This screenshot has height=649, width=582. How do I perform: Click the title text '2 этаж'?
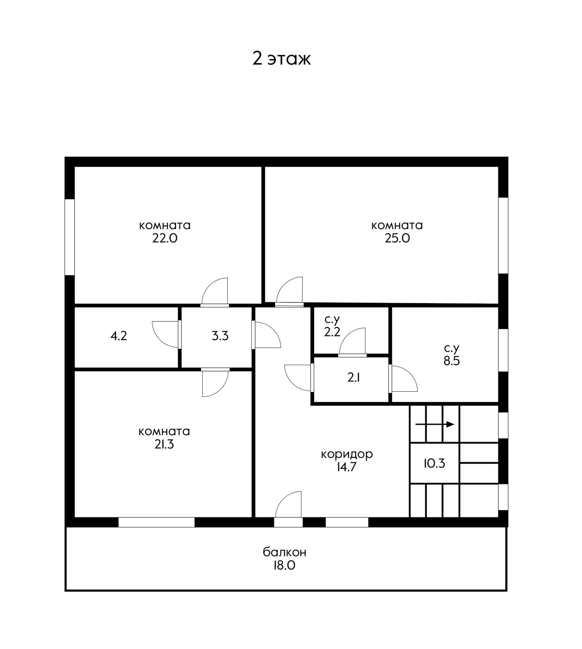(281, 59)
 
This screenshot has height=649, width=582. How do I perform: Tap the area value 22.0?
(165, 239)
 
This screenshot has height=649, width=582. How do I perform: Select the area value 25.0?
(397, 239)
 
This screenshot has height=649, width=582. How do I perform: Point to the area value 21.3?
(164, 444)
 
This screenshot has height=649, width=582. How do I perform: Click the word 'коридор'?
(346, 454)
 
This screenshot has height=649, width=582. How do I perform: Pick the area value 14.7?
(346, 467)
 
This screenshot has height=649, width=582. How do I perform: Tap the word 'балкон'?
(285, 552)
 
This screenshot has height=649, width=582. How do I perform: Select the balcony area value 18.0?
(285, 566)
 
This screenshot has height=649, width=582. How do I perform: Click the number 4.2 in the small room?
(119, 336)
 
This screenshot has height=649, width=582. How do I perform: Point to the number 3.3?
(220, 336)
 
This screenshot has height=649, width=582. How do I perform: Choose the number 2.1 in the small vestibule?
(353, 378)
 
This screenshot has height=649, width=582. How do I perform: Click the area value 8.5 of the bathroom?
(451, 361)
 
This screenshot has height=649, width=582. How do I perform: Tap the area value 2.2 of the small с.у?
(332, 332)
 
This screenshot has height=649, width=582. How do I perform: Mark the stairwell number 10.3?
(434, 463)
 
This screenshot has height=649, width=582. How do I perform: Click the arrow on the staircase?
(434, 425)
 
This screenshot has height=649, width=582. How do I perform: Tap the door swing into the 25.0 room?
(290, 291)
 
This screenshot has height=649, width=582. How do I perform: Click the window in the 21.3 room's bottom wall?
(156, 522)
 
